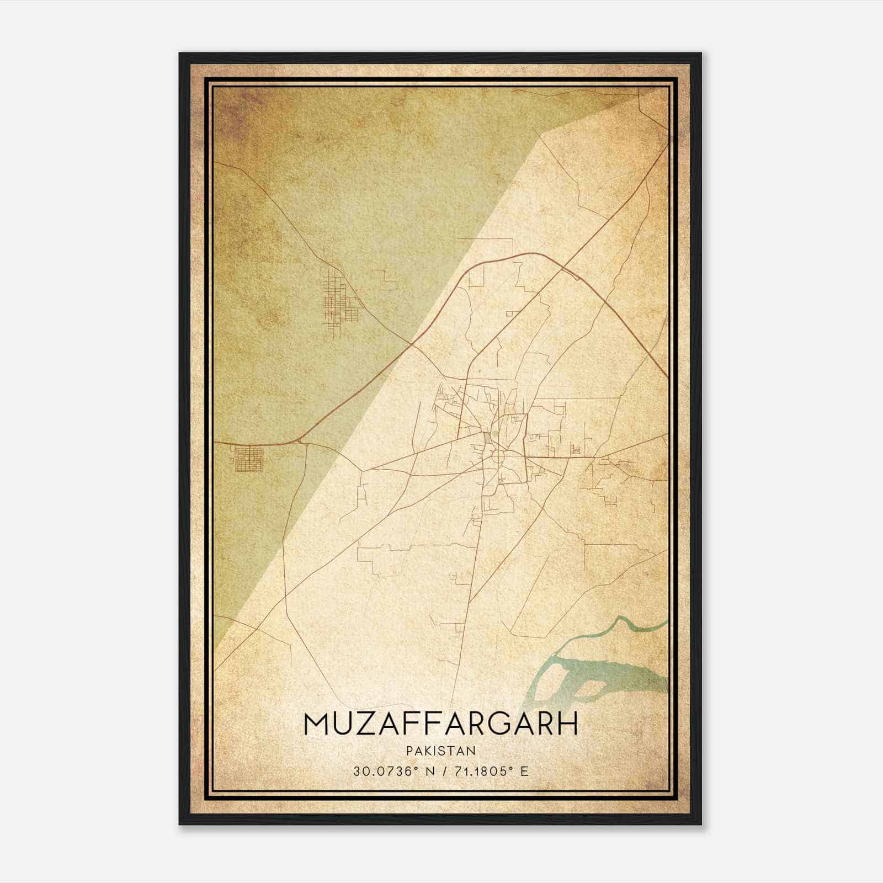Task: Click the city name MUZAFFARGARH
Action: click(x=440, y=724)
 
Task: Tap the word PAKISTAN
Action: click(x=440, y=751)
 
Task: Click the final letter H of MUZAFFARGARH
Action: click(x=567, y=724)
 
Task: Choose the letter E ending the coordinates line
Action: click(x=524, y=771)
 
